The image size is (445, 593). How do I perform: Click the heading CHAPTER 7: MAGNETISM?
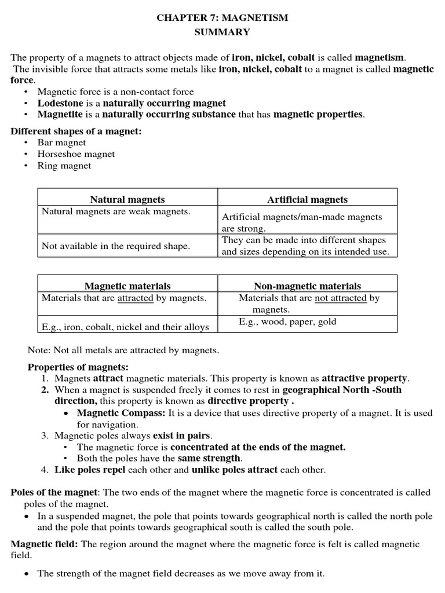tap(222, 18)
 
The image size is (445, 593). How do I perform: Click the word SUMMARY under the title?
tap(222, 32)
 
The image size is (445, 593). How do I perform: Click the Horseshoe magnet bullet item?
tap(76, 154)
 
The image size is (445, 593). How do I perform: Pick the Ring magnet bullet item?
tap(64, 166)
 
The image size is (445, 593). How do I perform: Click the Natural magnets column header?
tap(127, 199)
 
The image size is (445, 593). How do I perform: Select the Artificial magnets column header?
tap(307, 199)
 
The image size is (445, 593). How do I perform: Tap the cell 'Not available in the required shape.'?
tap(116, 246)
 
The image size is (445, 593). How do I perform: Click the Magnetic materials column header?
tap(127, 286)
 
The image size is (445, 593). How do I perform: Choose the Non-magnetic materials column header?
tap(307, 286)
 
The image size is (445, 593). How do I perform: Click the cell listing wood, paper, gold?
tap(287, 322)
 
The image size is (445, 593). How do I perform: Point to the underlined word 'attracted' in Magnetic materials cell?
tap(135, 298)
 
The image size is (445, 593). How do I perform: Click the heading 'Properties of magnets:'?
tap(78, 367)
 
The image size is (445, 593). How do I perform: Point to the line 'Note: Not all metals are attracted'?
tap(123, 350)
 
